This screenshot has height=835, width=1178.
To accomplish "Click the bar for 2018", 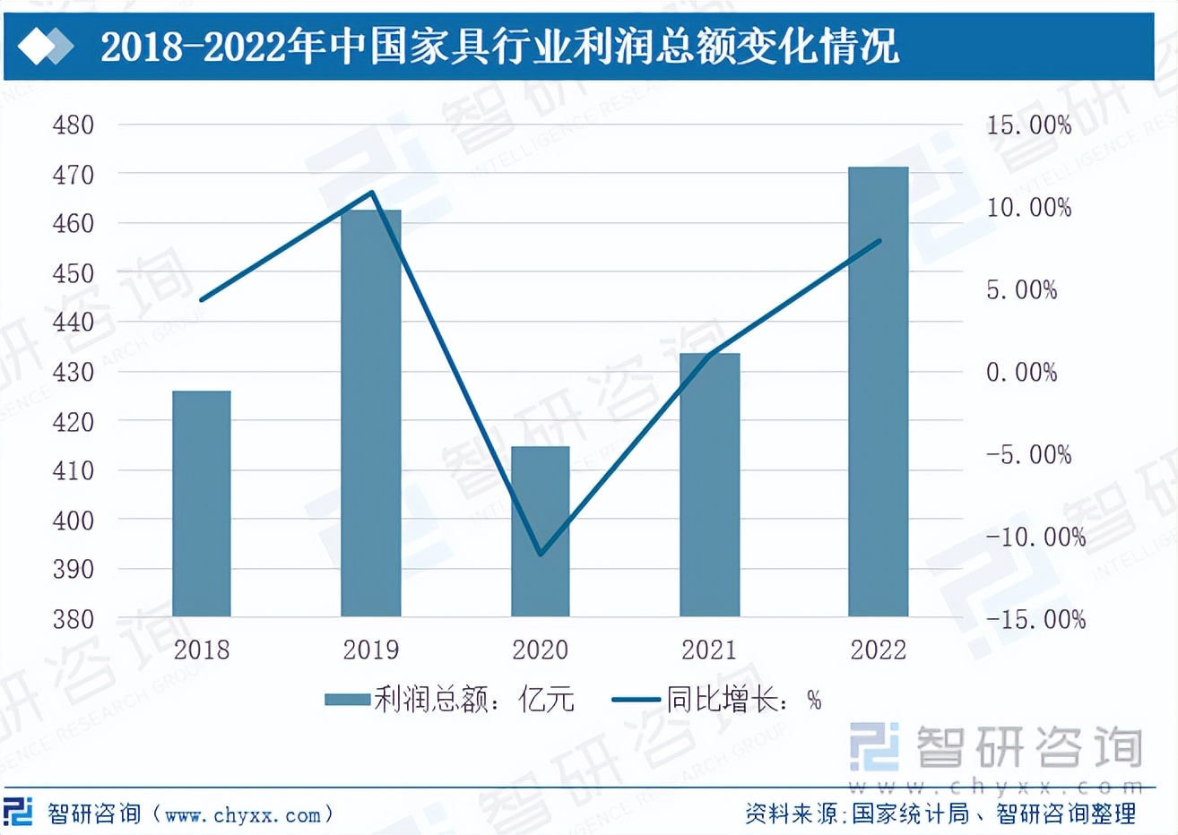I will pos(202,504).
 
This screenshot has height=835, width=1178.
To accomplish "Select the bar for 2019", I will pos(371,413).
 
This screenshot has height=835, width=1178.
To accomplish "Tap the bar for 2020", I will pos(541,531).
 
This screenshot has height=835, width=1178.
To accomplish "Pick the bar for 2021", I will pos(709,485).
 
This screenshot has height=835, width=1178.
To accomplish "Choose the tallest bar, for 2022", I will pos(879,392).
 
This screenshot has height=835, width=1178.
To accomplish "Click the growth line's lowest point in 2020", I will pos(541,554).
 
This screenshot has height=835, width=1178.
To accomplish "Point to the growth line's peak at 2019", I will pos(372,193).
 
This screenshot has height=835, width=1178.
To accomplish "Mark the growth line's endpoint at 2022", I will pos(879,241).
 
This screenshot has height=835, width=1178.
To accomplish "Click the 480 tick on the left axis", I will pos(74,125).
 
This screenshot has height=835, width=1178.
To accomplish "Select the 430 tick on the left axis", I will pos(74,372).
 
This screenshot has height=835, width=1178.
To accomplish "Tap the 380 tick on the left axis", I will pos(74,619).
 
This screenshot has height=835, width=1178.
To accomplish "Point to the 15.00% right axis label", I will pos(1028,125).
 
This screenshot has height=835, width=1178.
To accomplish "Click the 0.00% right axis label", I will pos(1021,372).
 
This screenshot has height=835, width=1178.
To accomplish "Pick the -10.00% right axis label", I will pos(1035,537).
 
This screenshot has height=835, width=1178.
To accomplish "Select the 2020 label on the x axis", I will pos(541,650).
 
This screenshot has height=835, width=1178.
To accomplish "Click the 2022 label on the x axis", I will pos(879,650).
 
